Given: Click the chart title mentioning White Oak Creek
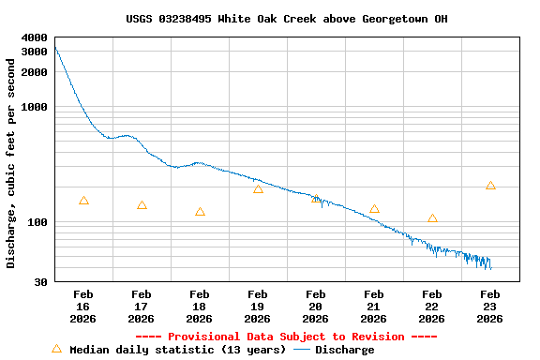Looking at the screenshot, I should (x=286, y=19).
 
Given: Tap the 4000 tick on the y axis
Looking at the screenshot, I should (x=35, y=37).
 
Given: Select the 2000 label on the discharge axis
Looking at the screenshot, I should (x=35, y=71).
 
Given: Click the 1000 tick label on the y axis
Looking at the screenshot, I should (x=35, y=107).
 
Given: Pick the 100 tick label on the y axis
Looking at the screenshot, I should (x=38, y=223).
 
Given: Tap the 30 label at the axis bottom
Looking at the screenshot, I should (x=41, y=282).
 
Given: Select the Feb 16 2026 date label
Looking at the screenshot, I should (x=83, y=307).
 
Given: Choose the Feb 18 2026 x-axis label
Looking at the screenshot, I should (x=200, y=307).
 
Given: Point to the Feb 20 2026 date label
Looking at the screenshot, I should (x=316, y=307).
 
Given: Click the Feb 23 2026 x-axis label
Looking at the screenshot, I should (x=490, y=307).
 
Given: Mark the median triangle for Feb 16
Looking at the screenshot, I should (x=83, y=201).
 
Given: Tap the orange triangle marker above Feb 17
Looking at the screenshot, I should (x=142, y=205).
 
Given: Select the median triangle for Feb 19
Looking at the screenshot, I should (x=258, y=189).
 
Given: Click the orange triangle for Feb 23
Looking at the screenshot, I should (x=490, y=186).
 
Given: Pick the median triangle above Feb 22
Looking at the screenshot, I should (x=432, y=218).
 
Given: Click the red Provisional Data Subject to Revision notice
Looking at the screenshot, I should (x=286, y=337).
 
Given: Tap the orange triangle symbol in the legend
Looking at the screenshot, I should (x=56, y=349).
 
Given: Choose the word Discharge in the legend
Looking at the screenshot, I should (x=344, y=350).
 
